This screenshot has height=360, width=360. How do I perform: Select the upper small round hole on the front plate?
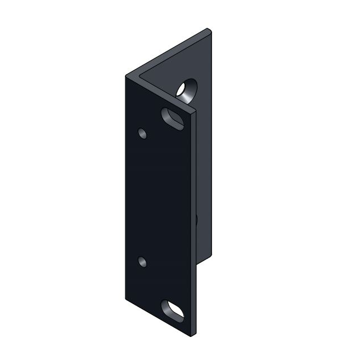pyautogui.click(x=142, y=133)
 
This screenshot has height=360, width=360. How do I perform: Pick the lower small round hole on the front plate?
pyautogui.click(x=142, y=262)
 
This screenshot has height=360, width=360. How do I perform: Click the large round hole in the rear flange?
pyautogui.click(x=185, y=89)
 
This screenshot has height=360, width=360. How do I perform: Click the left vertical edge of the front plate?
pyautogui.click(x=125, y=186)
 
